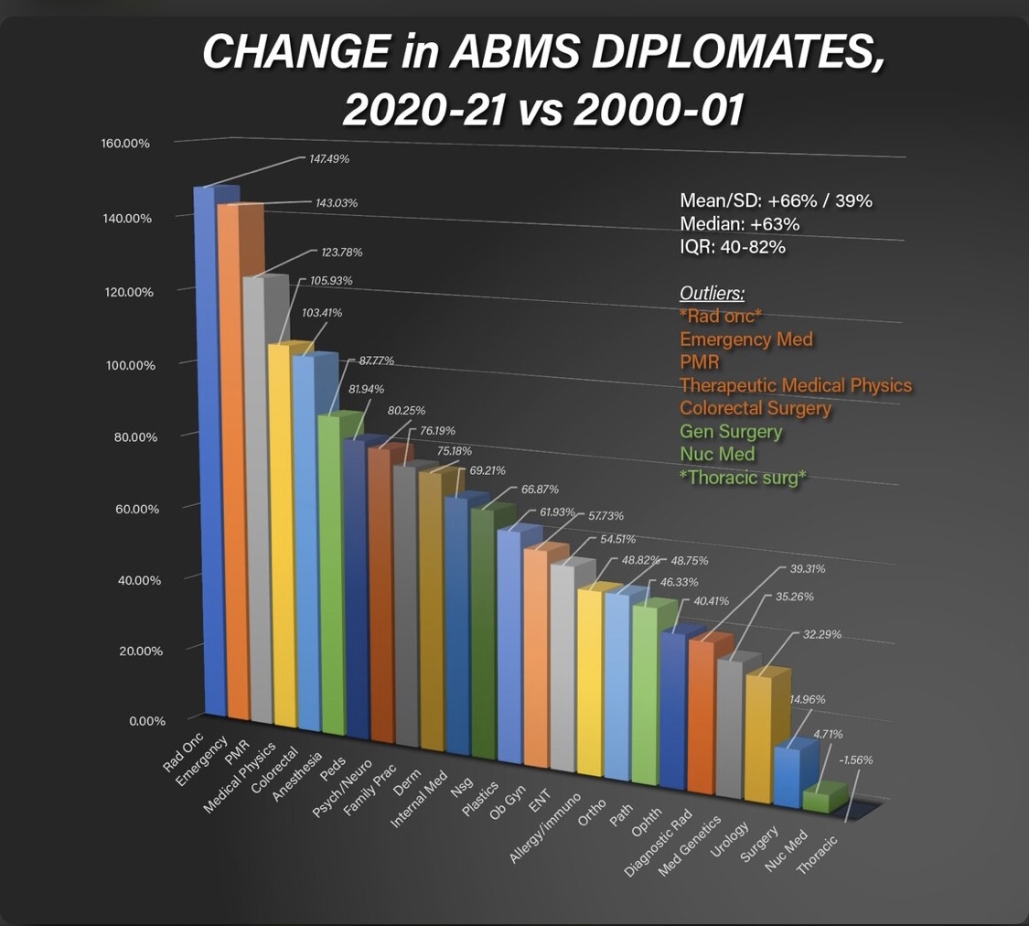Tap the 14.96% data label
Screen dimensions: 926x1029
pos(807,699)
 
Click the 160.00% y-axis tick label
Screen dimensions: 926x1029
pos(125,144)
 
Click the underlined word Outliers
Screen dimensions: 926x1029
pos(712,294)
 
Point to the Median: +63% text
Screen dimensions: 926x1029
pos(739,224)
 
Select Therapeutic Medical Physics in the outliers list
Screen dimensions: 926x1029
pos(796,385)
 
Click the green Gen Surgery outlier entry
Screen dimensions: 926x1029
pos(731,431)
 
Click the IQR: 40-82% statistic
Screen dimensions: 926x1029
pos(733,247)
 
